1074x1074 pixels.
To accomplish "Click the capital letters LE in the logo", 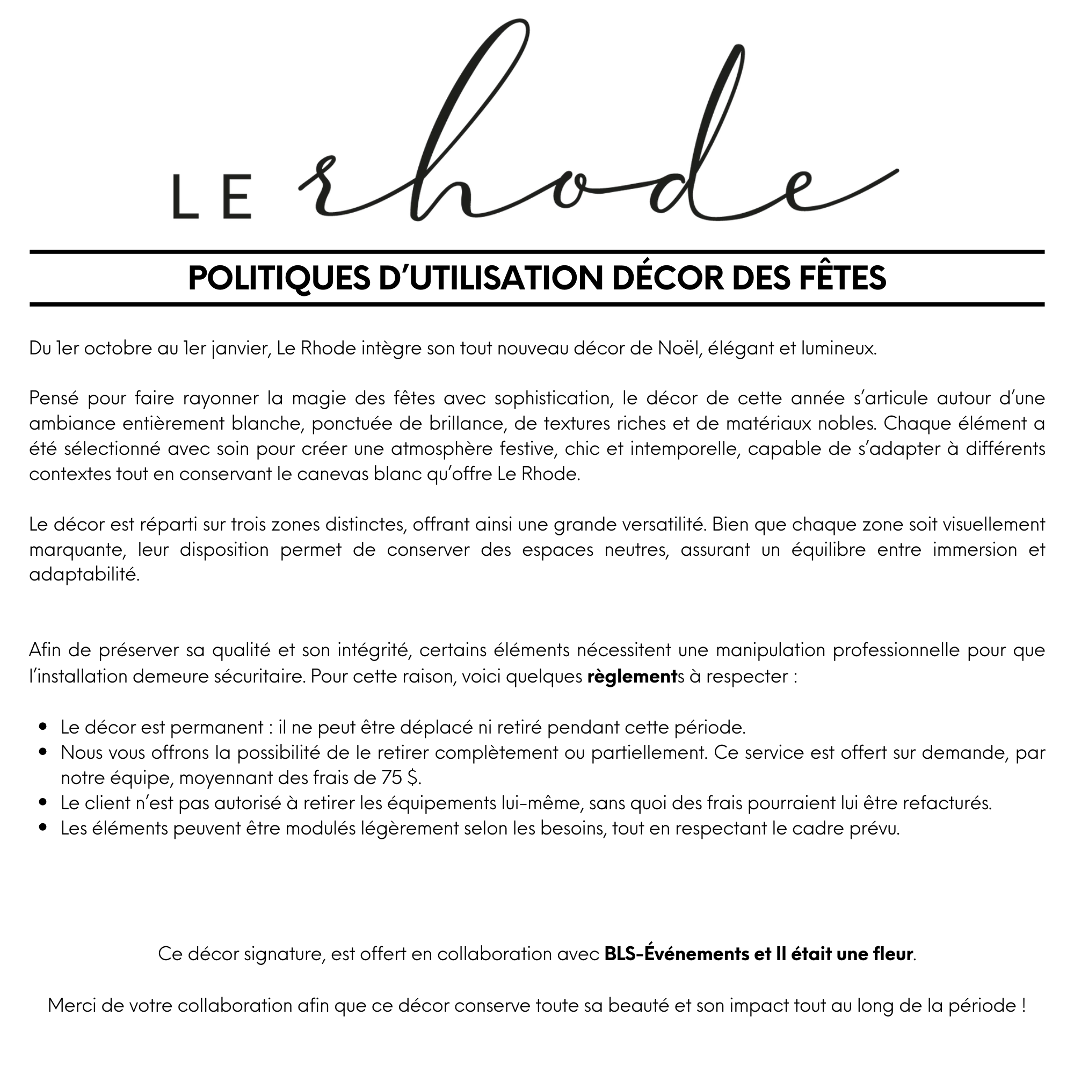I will [212, 197].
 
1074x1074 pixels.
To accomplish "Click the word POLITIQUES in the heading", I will [279, 278].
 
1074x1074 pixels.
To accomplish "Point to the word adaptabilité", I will [84, 575].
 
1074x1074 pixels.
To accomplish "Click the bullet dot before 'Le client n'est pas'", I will [43, 803].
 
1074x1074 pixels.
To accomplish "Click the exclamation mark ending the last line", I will [1024, 1005].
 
